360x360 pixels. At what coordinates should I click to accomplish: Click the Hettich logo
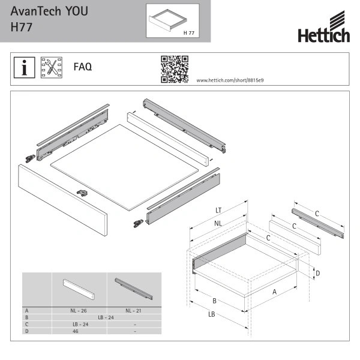click(324, 26)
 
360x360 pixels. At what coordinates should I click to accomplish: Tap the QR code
click(175, 69)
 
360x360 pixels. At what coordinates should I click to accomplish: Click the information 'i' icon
click(25, 67)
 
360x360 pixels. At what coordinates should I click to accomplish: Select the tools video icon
click(52, 67)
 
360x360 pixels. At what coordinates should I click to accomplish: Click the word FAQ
click(83, 67)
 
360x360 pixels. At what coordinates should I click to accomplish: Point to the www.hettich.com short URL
click(230, 80)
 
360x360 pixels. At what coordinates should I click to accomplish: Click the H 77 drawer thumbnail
click(173, 20)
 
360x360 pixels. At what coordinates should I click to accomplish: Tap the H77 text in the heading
click(22, 27)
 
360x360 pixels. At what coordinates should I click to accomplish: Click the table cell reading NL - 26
click(79, 311)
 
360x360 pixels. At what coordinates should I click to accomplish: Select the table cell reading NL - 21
click(133, 311)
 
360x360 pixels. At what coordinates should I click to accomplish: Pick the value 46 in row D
click(76, 331)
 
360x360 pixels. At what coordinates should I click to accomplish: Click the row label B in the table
click(26, 317)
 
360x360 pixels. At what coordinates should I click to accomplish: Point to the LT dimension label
click(218, 211)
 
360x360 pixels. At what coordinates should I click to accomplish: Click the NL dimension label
click(218, 223)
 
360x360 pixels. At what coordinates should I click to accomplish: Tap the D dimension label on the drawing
click(318, 273)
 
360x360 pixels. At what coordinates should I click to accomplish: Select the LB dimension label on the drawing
click(211, 314)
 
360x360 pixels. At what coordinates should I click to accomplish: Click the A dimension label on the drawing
click(274, 292)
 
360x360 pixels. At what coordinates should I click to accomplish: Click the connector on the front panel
click(82, 193)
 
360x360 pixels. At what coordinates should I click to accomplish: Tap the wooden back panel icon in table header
click(79, 289)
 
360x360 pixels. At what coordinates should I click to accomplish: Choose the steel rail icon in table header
click(134, 289)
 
